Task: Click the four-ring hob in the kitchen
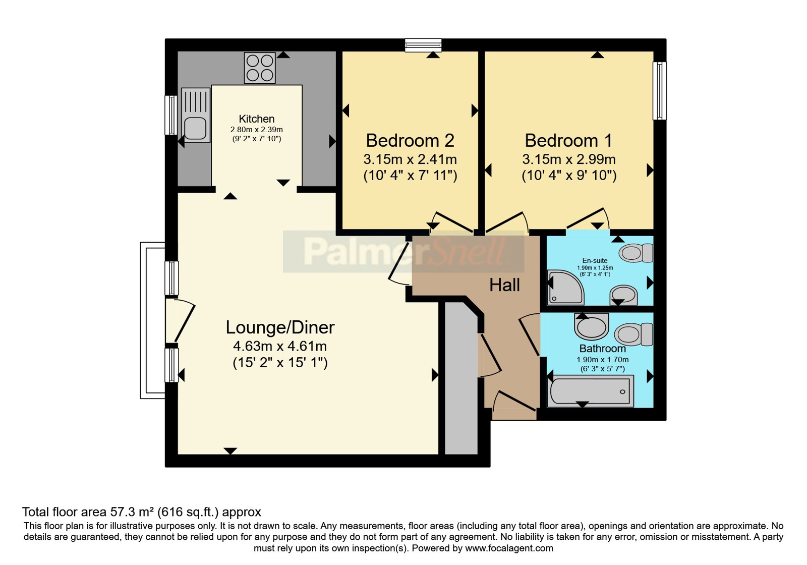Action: click(260, 68)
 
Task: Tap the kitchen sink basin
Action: click(195, 128)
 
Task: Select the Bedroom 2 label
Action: click(410, 141)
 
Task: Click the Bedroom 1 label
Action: click(568, 141)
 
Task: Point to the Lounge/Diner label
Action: click(280, 327)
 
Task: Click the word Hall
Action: click(504, 286)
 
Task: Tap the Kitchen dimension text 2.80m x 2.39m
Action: click(257, 129)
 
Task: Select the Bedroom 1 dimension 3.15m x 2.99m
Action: click(569, 159)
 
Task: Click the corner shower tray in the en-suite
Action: click(565, 287)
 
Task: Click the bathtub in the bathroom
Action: click(591, 391)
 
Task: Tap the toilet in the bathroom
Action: click(633, 333)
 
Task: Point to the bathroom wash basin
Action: click(591, 326)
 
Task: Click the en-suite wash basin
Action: click(623, 295)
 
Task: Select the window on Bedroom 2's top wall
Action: click(423, 45)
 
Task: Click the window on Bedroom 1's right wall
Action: click(660, 91)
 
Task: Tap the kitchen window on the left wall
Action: click(171, 116)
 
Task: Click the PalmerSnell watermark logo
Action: click(403, 252)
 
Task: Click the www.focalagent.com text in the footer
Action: click(509, 548)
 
